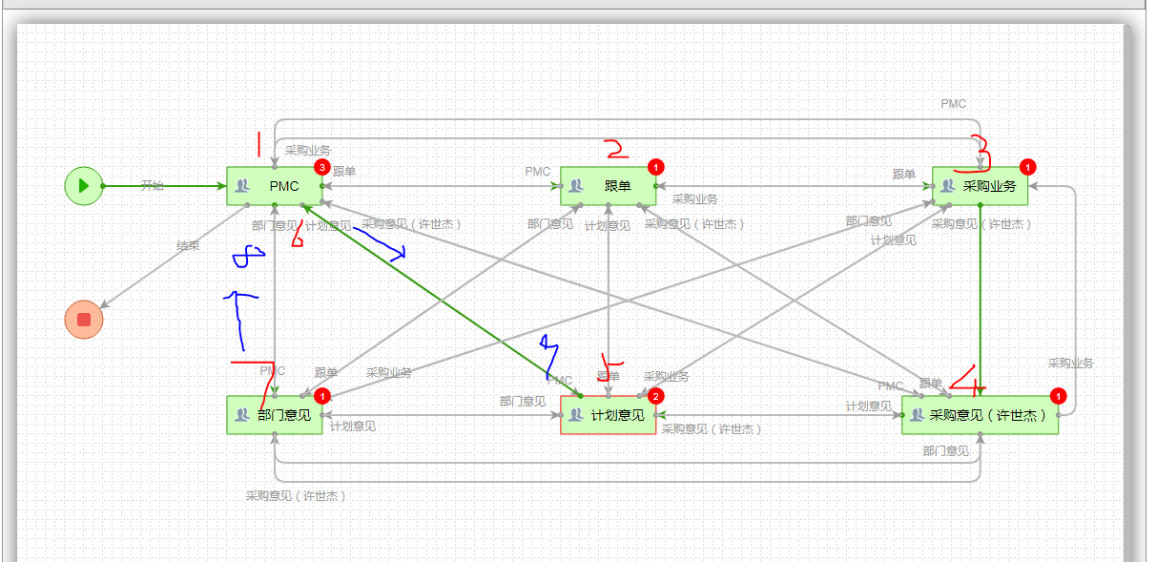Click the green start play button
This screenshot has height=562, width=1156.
point(84,185)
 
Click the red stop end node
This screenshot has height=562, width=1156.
point(84,319)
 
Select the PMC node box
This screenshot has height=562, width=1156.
point(275,185)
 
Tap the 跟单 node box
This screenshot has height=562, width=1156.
point(609,185)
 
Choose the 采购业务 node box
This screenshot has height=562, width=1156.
point(980,185)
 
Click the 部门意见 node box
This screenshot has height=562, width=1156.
point(275,415)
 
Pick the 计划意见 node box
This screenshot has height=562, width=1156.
point(609,415)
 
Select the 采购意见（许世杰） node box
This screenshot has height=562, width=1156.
point(980,415)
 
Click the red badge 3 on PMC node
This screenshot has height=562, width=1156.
point(322,167)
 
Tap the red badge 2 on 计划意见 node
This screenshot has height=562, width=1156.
point(656,396)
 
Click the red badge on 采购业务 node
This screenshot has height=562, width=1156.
point(1027,167)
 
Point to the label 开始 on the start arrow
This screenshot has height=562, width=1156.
point(153,185)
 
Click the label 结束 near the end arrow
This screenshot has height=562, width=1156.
point(188,246)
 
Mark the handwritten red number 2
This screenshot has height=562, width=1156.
point(615,148)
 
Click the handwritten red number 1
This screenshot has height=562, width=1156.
point(257,144)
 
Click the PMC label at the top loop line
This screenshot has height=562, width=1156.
point(953,104)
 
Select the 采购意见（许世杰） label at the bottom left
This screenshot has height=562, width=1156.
point(296,496)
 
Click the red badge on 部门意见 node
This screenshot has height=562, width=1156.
point(322,396)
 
